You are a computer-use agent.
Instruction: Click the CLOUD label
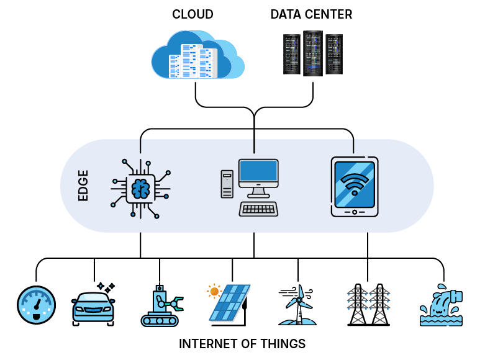[193, 14]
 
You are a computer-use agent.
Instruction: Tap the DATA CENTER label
[311, 14]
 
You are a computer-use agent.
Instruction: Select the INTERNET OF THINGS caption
[242, 344]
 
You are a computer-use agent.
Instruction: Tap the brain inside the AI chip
[140, 186]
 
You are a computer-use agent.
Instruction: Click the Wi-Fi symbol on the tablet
[355, 184]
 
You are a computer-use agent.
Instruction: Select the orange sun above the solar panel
[214, 290]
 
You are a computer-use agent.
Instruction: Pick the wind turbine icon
[298, 304]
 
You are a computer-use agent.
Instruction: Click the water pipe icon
[442, 306]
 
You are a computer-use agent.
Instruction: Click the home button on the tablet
[355, 212]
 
